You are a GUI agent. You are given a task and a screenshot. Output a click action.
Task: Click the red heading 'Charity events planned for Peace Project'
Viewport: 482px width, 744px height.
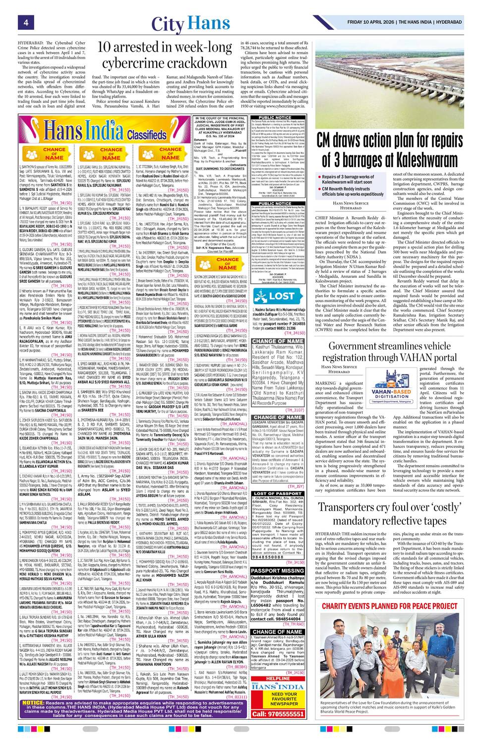pos(389,606)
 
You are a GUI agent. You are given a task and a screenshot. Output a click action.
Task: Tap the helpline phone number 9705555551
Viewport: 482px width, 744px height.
pos(278,714)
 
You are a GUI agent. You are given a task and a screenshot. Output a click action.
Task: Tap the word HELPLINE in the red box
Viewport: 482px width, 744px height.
pos(278,679)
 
